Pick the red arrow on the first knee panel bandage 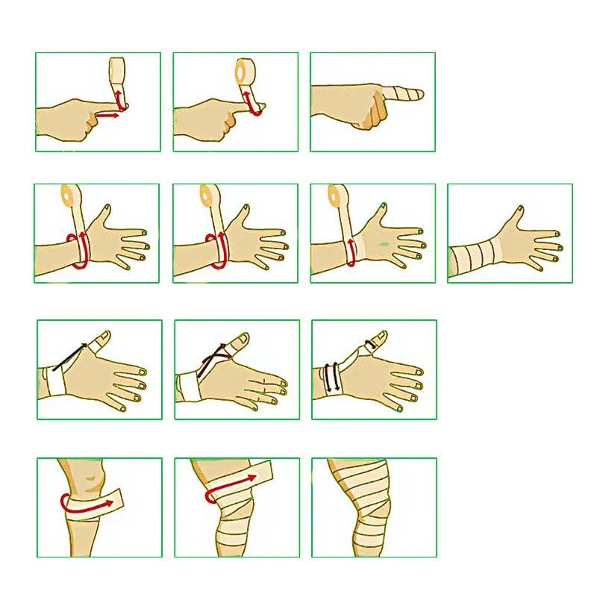tap(90, 504)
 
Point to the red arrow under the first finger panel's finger tap(109, 116)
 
